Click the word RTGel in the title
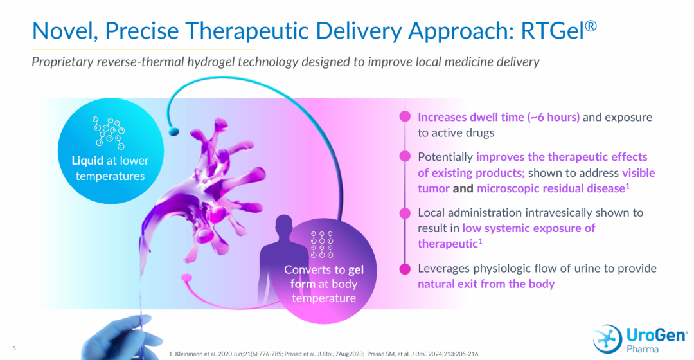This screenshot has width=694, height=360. click(x=553, y=31)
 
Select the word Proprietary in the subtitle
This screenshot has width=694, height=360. click(x=62, y=62)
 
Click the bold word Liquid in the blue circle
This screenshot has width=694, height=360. click(x=87, y=160)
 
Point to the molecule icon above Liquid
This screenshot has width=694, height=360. click(x=109, y=133)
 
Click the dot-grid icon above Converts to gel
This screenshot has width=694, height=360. click(x=322, y=244)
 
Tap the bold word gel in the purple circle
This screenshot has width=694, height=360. click(x=356, y=270)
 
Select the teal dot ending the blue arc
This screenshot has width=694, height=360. click(x=174, y=131)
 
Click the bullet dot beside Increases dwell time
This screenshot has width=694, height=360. click(x=405, y=116)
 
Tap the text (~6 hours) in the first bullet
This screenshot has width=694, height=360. click(x=553, y=117)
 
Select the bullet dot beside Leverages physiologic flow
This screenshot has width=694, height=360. click(x=405, y=269)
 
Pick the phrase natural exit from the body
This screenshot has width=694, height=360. click(x=486, y=284)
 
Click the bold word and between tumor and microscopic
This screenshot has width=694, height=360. click(x=463, y=188)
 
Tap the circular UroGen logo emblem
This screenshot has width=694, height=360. click(x=607, y=339)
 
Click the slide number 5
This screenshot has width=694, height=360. click(x=14, y=348)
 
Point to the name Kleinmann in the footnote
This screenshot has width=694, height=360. click(x=189, y=354)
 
